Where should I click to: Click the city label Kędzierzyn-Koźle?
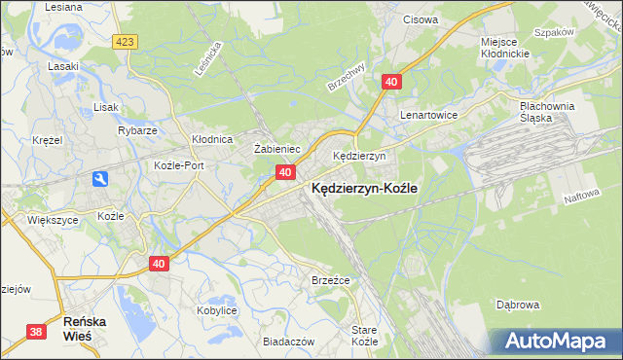364,191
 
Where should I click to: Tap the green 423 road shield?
124,42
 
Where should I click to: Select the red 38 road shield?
36,332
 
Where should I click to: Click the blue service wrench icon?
101,179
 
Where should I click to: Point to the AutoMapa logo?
556,342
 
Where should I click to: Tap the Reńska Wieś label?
85,327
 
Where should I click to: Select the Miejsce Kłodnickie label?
504,47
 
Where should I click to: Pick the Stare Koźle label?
364,337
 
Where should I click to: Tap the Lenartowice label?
428,114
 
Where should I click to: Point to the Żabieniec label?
275,149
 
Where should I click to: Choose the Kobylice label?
217,309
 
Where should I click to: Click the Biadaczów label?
288,342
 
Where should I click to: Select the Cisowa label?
421,18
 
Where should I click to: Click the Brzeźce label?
330,280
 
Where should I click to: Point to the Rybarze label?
137,130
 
